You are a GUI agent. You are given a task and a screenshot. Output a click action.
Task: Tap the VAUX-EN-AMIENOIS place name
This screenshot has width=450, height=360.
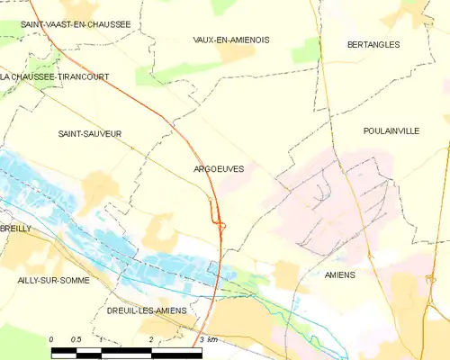click(x=231, y=40)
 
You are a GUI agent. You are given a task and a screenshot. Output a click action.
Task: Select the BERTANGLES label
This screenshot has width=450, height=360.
click(x=373, y=44)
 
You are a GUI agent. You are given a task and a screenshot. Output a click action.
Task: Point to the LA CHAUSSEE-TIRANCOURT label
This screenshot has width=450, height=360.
click(x=55, y=77)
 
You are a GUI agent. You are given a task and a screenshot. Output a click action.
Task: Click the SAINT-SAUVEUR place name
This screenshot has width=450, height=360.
click(x=89, y=134)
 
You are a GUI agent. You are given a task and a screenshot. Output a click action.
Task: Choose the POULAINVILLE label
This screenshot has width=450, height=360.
click(x=391, y=131)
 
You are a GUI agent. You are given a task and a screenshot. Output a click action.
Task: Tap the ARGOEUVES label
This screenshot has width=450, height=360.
click(x=219, y=168)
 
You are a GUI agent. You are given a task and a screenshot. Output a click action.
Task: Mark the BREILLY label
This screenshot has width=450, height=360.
click(x=15, y=229)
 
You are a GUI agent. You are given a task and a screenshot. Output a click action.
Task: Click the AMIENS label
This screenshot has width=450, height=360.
click(x=340, y=274)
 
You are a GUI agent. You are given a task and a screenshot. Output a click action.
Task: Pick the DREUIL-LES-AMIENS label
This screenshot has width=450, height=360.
click(x=147, y=310)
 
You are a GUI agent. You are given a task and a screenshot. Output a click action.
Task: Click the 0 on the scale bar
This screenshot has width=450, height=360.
click(x=51, y=339)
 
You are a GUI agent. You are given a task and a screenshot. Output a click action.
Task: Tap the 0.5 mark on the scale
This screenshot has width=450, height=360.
click(x=76, y=339)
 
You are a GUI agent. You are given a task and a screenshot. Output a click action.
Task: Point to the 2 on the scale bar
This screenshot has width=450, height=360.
click(x=151, y=339)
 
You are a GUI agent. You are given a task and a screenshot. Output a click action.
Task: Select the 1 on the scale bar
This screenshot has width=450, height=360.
click(x=102, y=339)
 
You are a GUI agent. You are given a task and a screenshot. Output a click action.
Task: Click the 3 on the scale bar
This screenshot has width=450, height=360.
click(x=201, y=339)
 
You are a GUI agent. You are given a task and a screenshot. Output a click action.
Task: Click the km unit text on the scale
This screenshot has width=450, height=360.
click(x=212, y=339)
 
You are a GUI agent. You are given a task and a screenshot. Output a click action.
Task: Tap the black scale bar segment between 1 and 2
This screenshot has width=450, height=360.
click(x=126, y=348)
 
